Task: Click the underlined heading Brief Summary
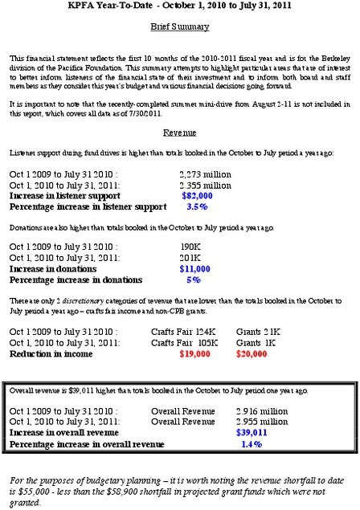pos(180,26)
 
